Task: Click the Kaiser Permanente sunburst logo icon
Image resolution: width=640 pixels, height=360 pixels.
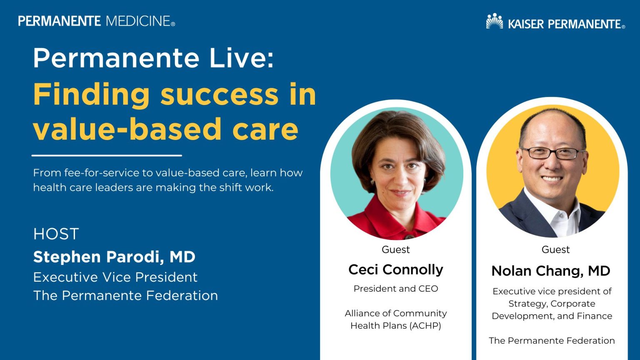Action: tap(495, 22)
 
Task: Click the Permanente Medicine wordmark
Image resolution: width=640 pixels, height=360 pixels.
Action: tap(96, 21)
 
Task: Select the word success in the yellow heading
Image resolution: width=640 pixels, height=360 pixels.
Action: tap(219, 94)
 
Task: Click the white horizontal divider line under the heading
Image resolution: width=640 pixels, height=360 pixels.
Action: tap(107, 155)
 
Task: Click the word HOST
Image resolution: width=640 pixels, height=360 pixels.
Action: tap(56, 234)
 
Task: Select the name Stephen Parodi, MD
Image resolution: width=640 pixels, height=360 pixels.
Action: tap(114, 257)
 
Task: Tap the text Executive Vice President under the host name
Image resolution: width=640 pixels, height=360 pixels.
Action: tap(115, 277)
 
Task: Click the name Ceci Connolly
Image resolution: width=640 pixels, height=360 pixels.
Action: tap(395, 270)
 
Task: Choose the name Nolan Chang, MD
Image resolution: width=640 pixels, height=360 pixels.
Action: tap(550, 271)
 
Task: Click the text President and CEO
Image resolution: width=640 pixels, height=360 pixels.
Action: tap(395, 289)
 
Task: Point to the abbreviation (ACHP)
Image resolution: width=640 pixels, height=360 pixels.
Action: tap(425, 326)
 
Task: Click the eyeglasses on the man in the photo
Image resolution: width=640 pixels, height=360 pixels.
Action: tap(552, 153)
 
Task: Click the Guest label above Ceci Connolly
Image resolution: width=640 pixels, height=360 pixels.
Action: tap(395, 250)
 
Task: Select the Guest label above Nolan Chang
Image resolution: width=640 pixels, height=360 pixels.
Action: tap(555, 250)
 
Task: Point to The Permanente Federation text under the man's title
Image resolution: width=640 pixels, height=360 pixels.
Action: tap(551, 341)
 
